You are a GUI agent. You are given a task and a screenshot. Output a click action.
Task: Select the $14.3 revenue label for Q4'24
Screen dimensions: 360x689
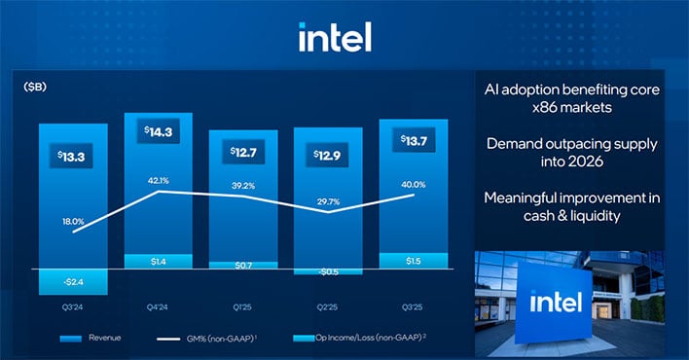(x=157, y=134)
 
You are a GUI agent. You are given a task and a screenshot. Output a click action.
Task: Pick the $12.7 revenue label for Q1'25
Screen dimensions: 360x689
(x=241, y=153)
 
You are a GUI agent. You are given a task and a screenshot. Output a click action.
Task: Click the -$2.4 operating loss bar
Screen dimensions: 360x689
(x=72, y=281)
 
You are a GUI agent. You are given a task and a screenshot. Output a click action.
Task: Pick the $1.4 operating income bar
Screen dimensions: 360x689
(x=157, y=262)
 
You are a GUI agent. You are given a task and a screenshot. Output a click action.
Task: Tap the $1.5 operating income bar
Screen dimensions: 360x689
(x=413, y=261)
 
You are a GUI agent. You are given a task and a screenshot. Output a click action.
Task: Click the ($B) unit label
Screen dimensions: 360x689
(x=36, y=87)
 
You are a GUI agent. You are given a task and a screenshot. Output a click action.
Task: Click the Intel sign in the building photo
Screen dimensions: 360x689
(x=553, y=303)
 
